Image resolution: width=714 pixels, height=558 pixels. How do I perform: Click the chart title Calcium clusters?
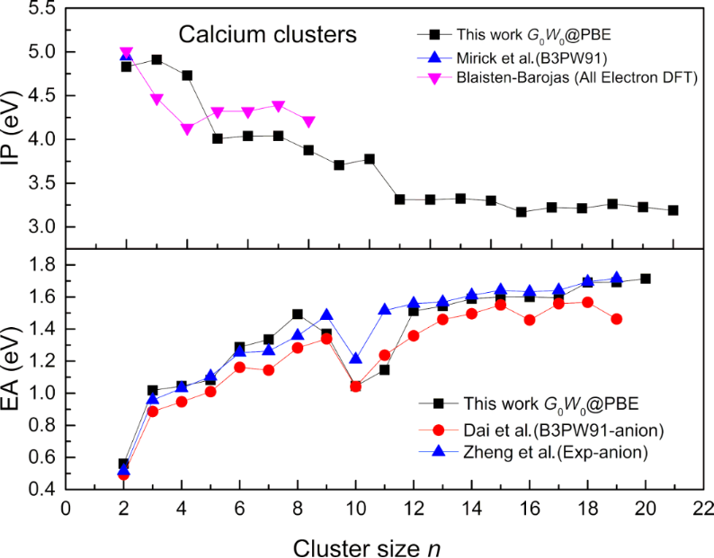pos(267,35)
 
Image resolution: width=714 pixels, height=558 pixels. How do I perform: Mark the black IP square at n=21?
pos(674,210)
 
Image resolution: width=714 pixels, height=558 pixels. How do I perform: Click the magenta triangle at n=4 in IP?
pos(187,128)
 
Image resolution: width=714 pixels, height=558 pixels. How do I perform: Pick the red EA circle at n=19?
pos(616,319)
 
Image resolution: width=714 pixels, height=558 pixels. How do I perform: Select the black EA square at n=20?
pos(645,279)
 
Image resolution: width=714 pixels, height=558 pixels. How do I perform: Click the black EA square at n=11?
pos(384,369)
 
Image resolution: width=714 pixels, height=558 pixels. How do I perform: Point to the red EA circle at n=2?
pos(123,474)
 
